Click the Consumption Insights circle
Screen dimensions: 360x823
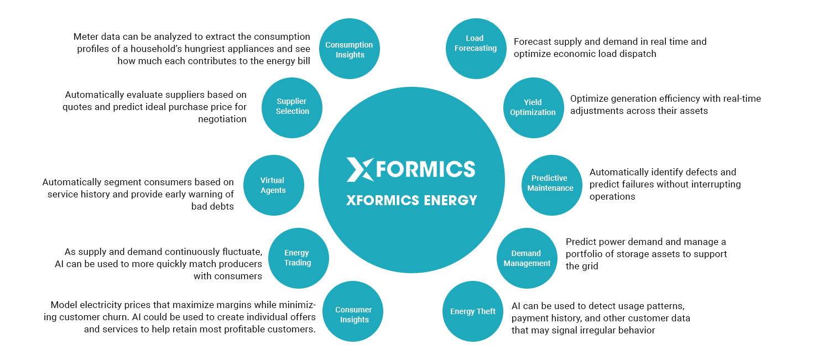(349, 49)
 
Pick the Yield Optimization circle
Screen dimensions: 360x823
(533, 107)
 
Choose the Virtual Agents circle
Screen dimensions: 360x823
(273, 185)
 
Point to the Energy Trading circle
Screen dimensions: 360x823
(298, 258)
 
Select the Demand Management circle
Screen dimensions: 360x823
(527, 258)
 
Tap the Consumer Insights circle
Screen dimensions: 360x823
(353, 314)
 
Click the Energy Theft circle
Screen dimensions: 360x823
(473, 311)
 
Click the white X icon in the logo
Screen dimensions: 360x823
(360, 169)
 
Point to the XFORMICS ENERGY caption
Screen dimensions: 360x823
(411, 200)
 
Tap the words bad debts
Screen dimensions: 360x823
(211, 206)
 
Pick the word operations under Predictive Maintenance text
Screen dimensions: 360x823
(612, 196)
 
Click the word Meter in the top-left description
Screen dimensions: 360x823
(86, 36)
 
